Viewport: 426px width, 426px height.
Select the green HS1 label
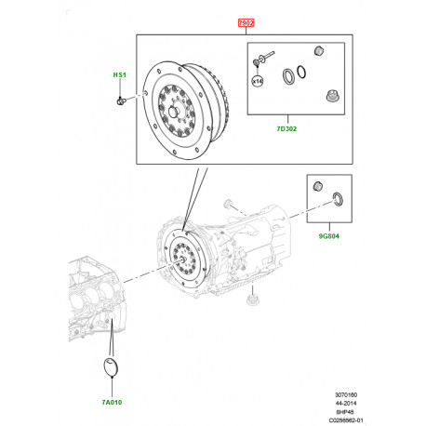[119, 73]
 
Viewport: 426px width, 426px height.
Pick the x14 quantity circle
[259, 82]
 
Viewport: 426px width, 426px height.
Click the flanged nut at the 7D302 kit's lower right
[332, 96]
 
